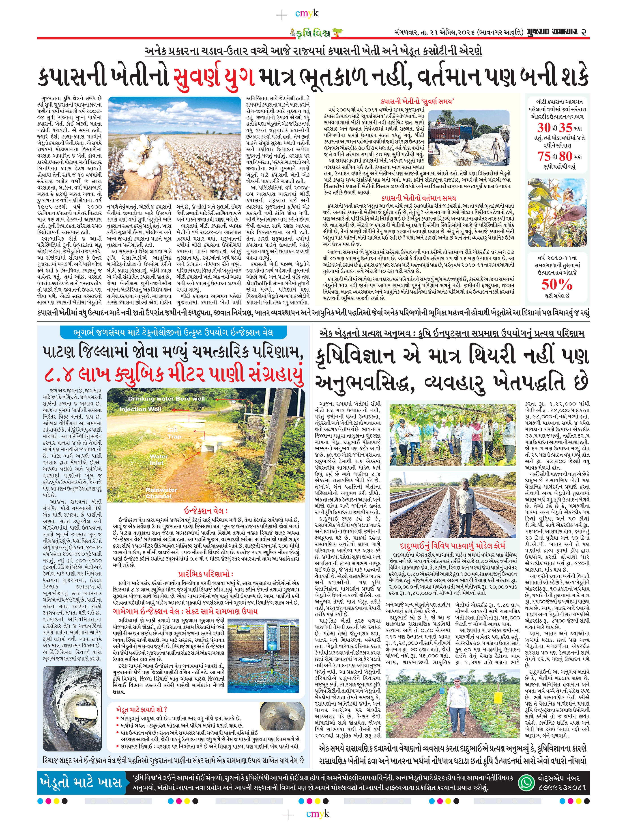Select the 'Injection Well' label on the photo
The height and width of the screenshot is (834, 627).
(140, 409)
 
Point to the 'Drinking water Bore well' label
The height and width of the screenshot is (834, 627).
(166, 399)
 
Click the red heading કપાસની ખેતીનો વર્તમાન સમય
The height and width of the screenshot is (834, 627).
(418, 198)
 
